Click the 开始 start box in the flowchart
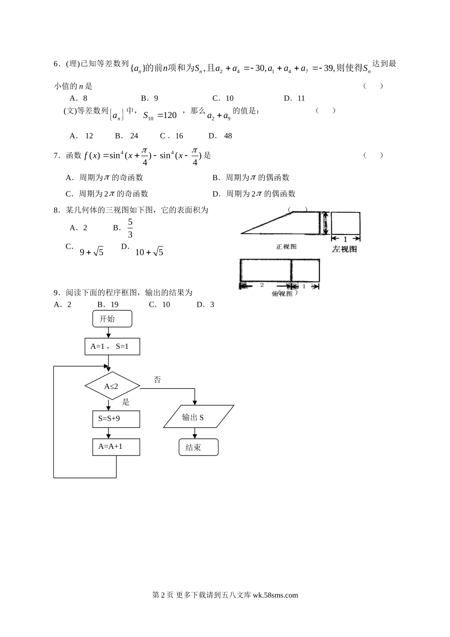[112, 319]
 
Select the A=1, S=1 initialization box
[112, 346]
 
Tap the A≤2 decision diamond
[112, 386]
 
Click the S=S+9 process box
[116, 419]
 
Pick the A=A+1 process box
[116, 447]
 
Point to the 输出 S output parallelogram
[198, 417]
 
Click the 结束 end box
[198, 447]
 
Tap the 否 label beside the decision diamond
[157, 380]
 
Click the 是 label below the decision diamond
[126, 402]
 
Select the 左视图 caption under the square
[344, 249]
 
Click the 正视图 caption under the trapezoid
[286, 246]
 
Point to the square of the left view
[345, 223]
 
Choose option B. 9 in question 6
[150, 99]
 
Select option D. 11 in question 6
[294, 99]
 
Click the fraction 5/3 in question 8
[130, 228]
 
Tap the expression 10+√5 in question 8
[149, 252]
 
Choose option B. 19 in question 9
[108, 305]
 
